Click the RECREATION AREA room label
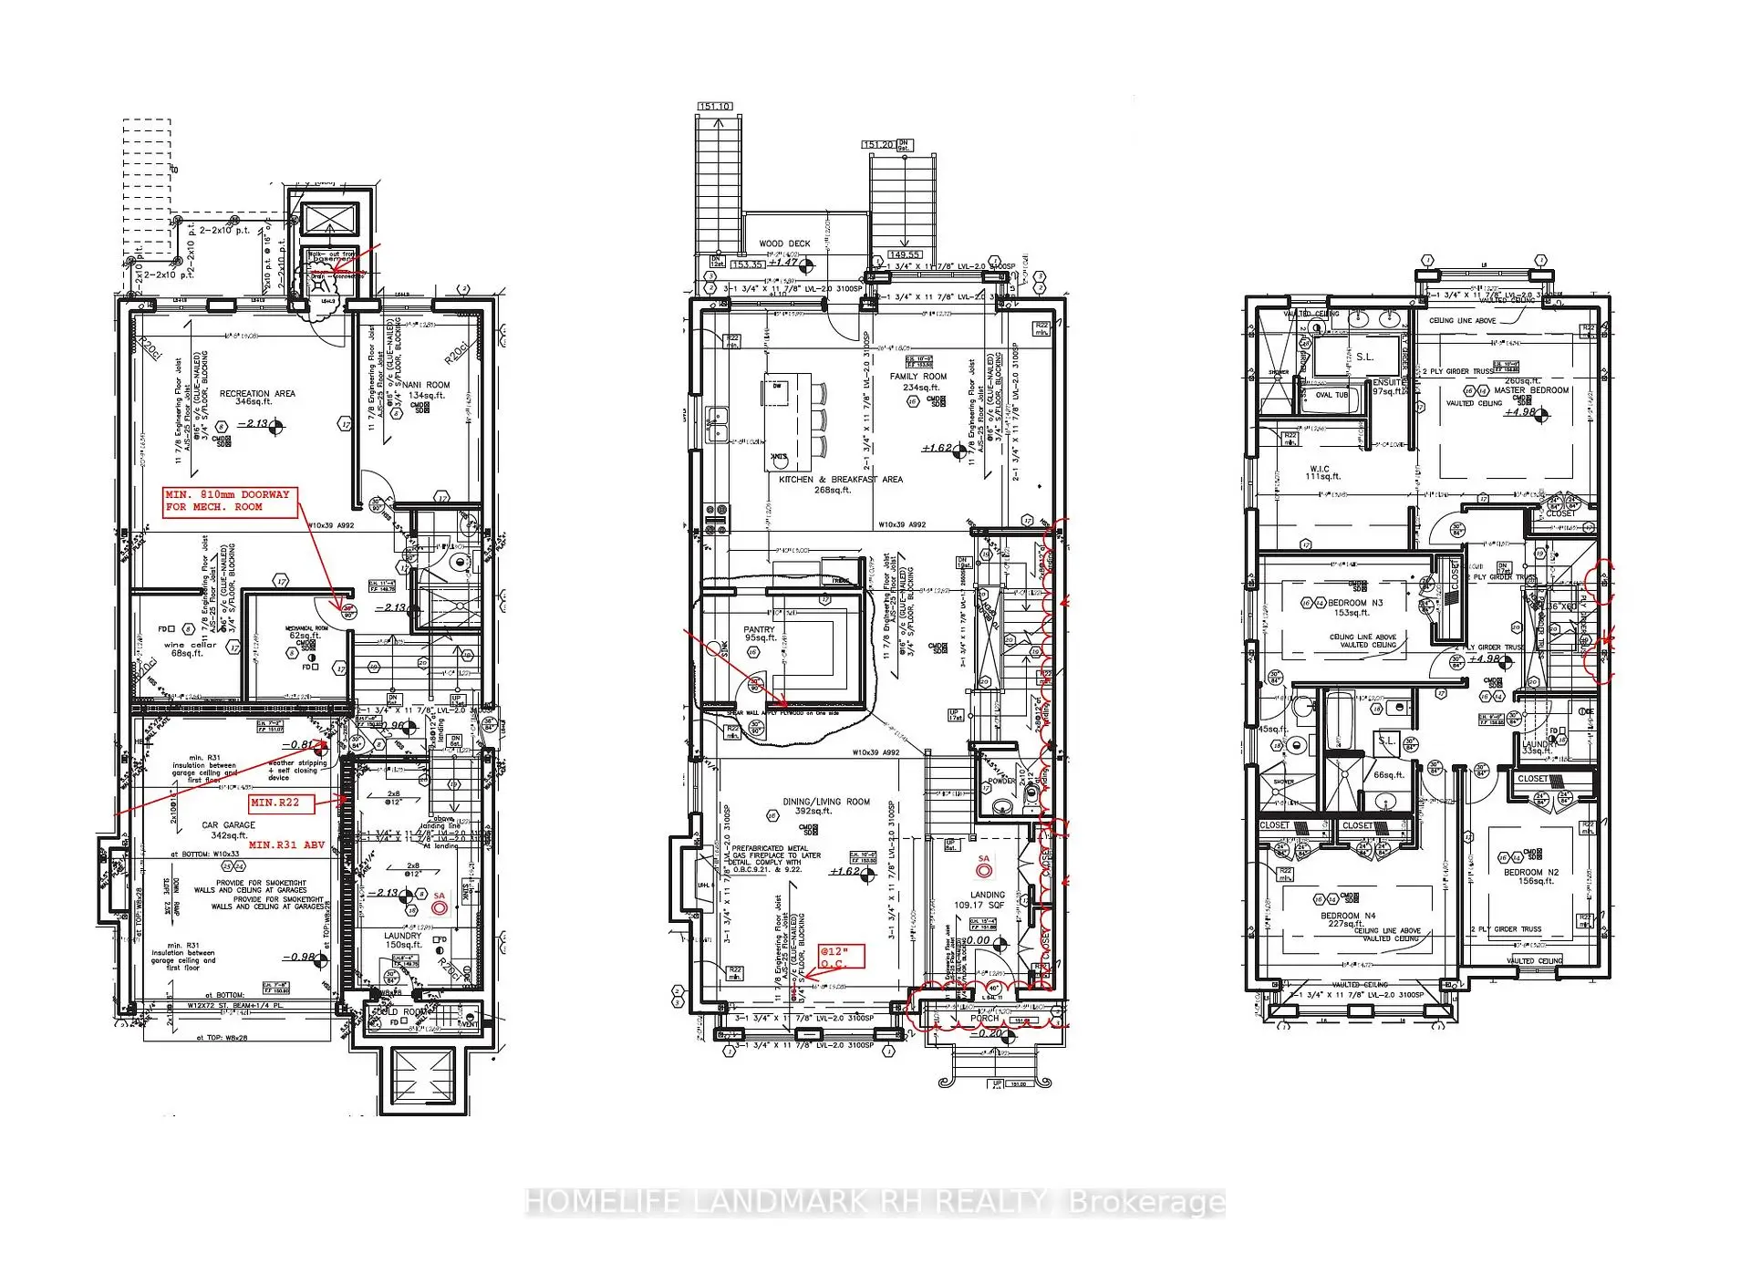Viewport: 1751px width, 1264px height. [257, 394]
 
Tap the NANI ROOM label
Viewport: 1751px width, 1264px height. [427, 385]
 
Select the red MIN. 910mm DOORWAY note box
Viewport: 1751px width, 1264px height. [230, 501]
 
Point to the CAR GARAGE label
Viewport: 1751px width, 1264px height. [228, 825]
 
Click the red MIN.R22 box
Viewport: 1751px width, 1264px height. [281, 803]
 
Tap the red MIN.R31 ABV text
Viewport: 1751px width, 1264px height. [286, 845]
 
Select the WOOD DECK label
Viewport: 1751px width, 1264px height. [784, 243]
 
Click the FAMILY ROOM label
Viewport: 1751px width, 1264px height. [918, 377]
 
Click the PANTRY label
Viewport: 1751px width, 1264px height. [759, 629]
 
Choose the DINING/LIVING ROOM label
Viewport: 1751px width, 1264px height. [826, 803]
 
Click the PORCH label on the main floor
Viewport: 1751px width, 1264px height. [985, 1019]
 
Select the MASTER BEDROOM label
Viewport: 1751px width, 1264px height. [1531, 390]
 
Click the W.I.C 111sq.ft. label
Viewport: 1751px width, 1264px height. [1320, 471]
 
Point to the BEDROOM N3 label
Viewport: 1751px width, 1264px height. [1355, 603]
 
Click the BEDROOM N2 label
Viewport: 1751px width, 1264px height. [1531, 873]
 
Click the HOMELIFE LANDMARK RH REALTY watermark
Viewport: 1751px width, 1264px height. [875, 1202]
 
